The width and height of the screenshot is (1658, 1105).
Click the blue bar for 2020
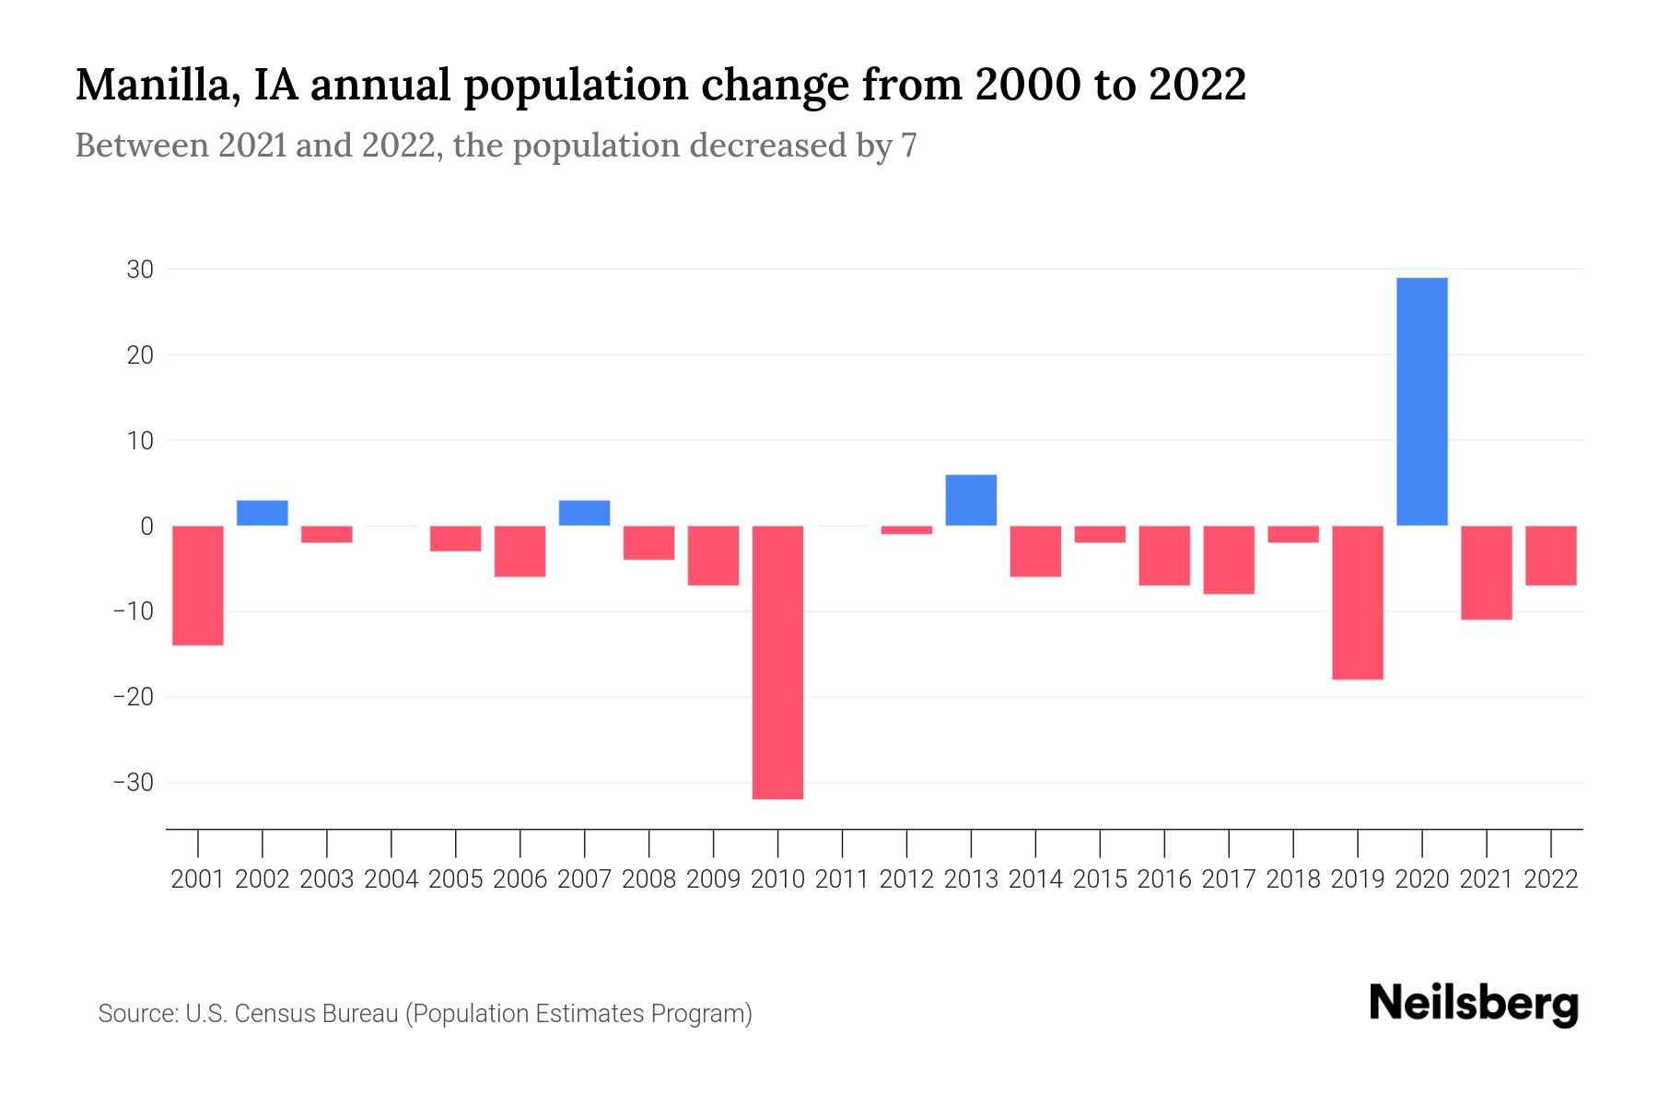[x=1421, y=401]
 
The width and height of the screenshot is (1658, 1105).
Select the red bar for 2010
[x=777, y=662]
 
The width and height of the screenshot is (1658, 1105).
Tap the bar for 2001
[x=198, y=585]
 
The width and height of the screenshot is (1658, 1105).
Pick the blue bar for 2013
[x=971, y=500]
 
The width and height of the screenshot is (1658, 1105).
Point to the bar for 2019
[x=1357, y=602]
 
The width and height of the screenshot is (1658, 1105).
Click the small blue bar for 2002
[x=263, y=513]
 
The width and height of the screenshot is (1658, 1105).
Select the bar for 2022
[x=1550, y=555]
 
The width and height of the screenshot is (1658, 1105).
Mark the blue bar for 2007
[x=584, y=513]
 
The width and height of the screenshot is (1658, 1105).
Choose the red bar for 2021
[x=1486, y=572]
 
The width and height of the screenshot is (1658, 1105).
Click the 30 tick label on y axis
[x=141, y=270]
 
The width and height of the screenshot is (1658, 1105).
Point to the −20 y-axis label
[x=134, y=697]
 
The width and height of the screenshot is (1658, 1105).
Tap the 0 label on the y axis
[x=146, y=527]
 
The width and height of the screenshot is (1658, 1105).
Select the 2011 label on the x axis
[x=842, y=879]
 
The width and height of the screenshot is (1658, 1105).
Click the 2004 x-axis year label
[x=391, y=879]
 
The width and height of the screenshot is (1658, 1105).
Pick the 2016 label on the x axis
[x=1164, y=879]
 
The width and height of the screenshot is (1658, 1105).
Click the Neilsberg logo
[x=1474, y=1004]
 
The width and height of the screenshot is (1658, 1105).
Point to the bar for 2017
[x=1228, y=560]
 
